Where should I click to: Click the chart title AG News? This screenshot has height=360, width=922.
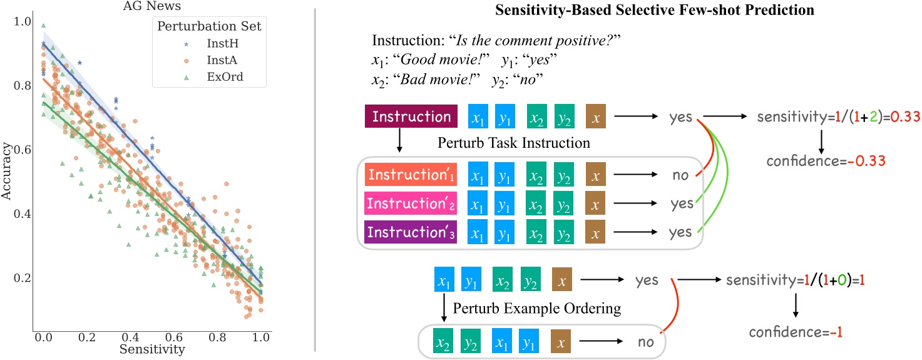click(x=152, y=6)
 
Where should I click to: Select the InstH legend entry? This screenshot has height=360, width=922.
click(x=212, y=43)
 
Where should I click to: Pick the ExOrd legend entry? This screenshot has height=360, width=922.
click(x=214, y=76)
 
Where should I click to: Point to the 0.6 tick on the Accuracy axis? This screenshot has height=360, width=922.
click(x=23, y=149)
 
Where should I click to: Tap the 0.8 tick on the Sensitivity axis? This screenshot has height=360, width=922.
click(x=217, y=337)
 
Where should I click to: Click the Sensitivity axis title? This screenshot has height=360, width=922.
click(x=152, y=349)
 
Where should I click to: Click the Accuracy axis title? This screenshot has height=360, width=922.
click(x=6, y=171)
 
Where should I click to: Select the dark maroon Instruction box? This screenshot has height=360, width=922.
click(x=411, y=116)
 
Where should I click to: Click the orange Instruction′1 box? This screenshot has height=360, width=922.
click(x=411, y=174)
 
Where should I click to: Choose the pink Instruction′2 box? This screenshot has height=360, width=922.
click(x=411, y=203)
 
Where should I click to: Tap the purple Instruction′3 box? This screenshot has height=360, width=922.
click(x=411, y=232)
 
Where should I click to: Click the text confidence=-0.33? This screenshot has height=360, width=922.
click(x=826, y=161)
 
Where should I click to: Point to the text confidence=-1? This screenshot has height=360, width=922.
click(x=796, y=332)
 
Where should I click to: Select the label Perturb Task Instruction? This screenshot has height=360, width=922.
click(x=514, y=143)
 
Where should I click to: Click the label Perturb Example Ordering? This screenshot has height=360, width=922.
click(x=537, y=309)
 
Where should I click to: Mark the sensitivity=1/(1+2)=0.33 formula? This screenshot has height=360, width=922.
click(x=839, y=117)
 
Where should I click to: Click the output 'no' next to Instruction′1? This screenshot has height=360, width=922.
click(x=680, y=175)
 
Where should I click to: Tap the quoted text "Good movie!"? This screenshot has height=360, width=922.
click(x=441, y=59)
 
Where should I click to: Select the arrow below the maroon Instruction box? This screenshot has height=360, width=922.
click(x=399, y=140)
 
